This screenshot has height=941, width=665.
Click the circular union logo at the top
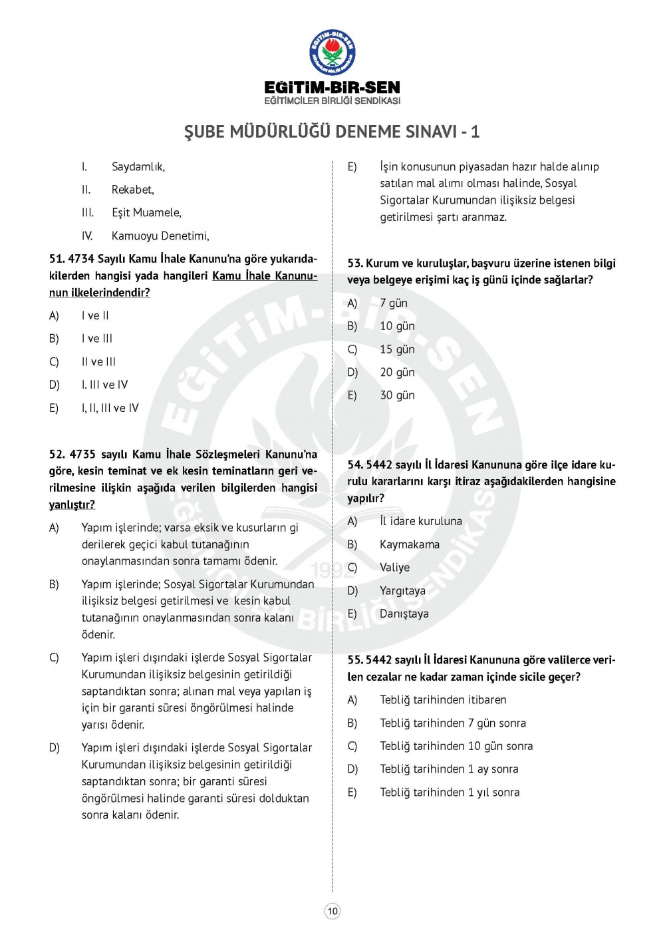(332, 53)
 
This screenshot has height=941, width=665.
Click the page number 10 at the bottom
(332, 911)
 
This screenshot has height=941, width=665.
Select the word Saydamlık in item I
(138, 167)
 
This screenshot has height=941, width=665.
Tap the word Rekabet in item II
(132, 190)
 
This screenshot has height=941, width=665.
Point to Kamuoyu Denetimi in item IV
(160, 236)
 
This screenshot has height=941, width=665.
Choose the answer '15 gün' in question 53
(397, 349)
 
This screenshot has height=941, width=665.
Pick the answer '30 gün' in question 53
(397, 395)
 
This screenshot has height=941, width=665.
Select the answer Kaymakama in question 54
(409, 544)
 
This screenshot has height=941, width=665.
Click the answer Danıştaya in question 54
(404, 614)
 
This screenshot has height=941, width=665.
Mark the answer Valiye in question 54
(394, 568)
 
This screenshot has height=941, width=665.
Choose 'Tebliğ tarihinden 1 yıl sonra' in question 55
(450, 792)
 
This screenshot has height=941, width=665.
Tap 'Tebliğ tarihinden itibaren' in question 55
(443, 700)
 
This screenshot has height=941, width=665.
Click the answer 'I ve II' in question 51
(95, 315)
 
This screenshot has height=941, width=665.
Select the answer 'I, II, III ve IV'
(110, 408)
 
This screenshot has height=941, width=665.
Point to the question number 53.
(354, 264)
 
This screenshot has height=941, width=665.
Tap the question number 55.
(354, 660)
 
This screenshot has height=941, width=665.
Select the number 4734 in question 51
(81, 259)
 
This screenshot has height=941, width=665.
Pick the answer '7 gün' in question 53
(394, 303)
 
